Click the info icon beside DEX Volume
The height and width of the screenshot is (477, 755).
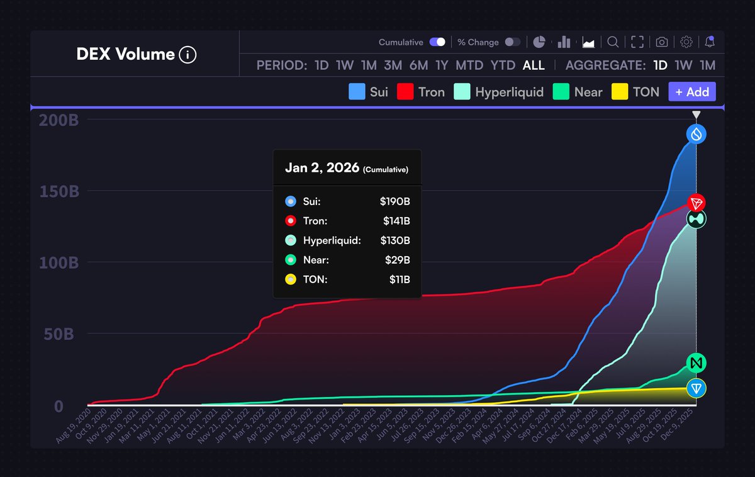(x=187, y=55)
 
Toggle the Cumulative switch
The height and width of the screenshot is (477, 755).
(x=437, y=42)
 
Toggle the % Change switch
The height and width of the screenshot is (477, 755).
(x=513, y=42)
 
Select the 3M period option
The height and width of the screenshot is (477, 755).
(x=393, y=65)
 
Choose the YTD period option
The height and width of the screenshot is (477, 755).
(x=503, y=65)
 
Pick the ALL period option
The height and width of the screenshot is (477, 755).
(x=534, y=65)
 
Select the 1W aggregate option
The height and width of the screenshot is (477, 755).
(x=684, y=65)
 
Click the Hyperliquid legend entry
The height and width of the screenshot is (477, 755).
(x=509, y=92)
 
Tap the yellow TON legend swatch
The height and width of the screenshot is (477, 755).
(x=621, y=92)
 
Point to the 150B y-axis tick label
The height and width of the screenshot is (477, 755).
(x=59, y=191)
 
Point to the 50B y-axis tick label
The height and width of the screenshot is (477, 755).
(x=59, y=334)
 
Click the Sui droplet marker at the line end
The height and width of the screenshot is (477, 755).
(x=696, y=133)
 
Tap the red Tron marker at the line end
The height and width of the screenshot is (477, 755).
(x=696, y=203)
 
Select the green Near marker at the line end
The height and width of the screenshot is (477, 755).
(x=696, y=363)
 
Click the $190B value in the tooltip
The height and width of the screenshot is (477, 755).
(x=394, y=201)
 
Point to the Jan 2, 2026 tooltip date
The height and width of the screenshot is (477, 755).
(x=322, y=168)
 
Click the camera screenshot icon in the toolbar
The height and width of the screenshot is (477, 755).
(x=662, y=42)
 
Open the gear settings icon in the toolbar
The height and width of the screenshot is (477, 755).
(x=686, y=42)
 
